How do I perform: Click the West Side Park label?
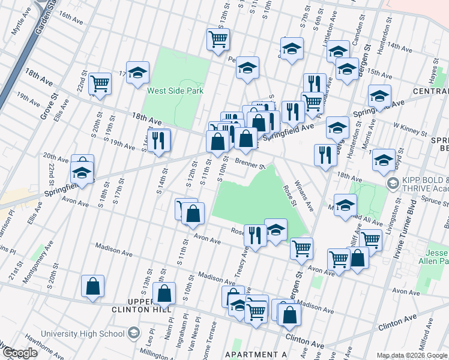tap(175, 91)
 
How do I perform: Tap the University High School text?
tap(82, 334)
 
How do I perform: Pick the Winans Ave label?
tap(304, 197)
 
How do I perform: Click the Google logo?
tap(19, 352)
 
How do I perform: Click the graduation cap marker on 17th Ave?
tap(137, 73)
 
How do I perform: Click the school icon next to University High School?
tap(134, 334)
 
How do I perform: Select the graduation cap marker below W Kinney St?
tap(384, 160)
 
